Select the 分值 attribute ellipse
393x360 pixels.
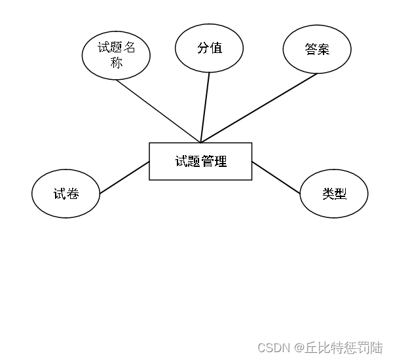coord(209,48)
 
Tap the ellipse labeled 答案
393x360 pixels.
coord(317,49)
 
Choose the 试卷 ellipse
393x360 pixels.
coord(65,194)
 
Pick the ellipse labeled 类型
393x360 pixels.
coord(334,194)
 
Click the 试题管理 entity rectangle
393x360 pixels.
coord(200,161)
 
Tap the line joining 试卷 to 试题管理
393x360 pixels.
coord(124,178)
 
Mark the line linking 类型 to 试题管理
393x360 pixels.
coord(276,177)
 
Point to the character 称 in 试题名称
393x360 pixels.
coord(117,63)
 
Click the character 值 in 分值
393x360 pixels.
coord(215,48)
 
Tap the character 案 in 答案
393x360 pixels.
coord(324,49)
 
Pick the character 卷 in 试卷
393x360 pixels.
coord(73,194)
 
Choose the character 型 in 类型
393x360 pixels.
coord(341,194)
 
